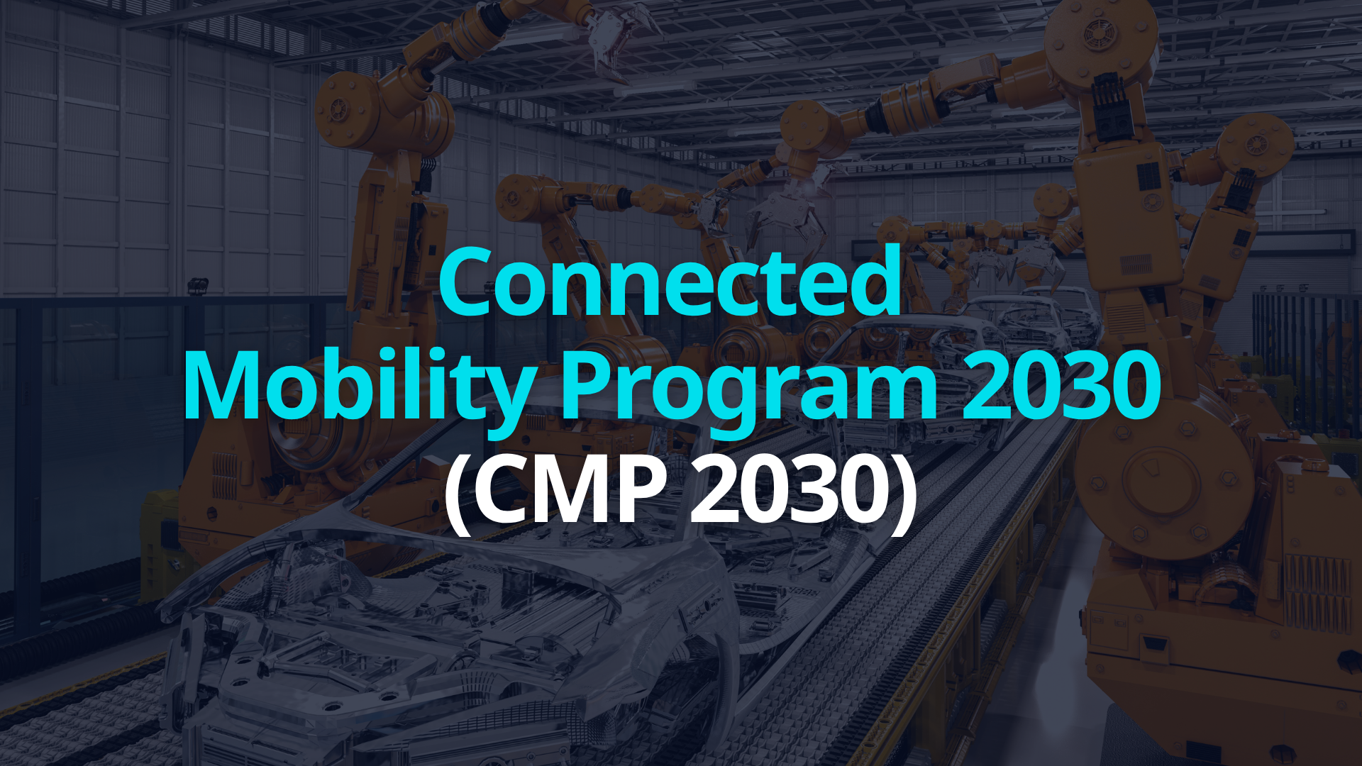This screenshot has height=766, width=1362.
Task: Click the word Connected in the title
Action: point(670,282)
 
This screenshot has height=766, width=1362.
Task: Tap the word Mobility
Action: point(358,387)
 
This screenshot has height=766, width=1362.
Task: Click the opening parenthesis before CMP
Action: point(457,492)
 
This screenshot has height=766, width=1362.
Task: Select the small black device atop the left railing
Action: point(198,286)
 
